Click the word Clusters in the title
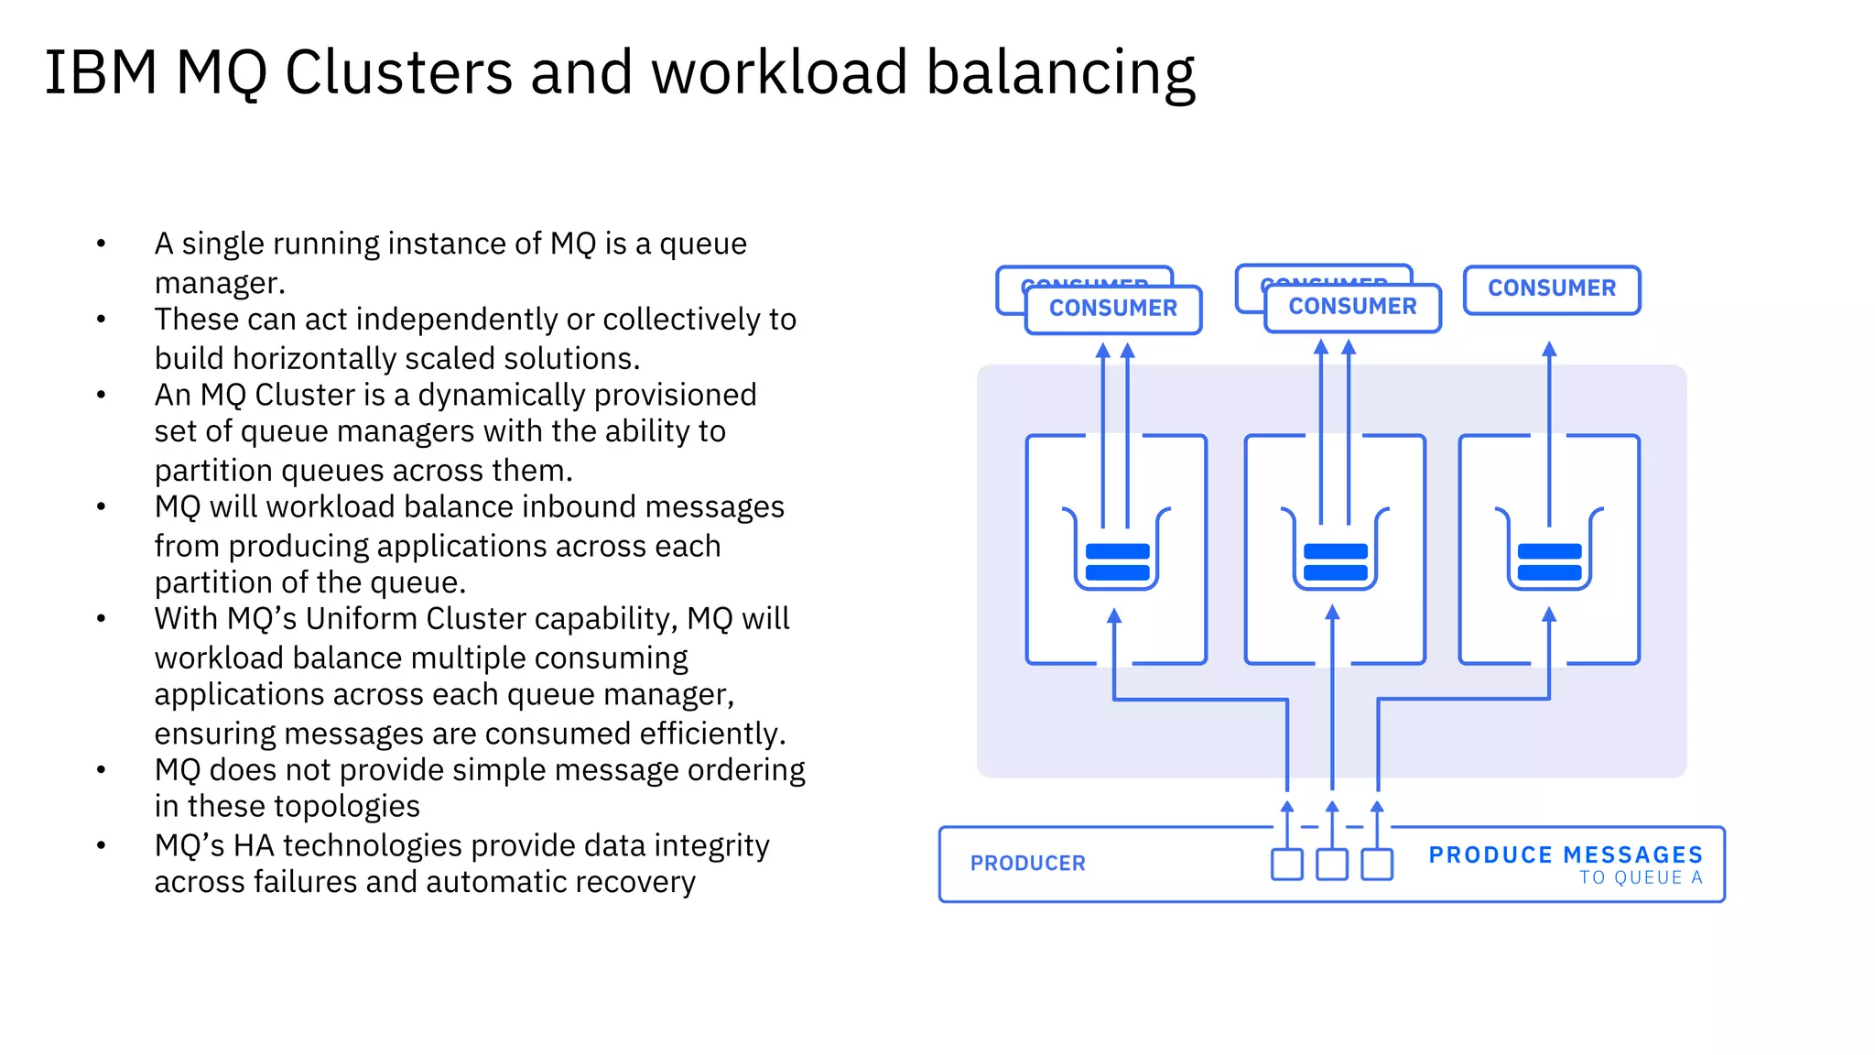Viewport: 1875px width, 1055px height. pyautogui.click(x=398, y=72)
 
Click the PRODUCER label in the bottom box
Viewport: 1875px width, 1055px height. pyautogui.click(x=1027, y=864)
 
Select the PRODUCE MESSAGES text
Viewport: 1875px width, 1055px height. pyautogui.click(x=1566, y=854)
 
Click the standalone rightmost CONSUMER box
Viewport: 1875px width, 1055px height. pyautogui.click(x=1552, y=288)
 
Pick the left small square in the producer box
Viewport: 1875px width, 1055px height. pyautogui.click(x=1287, y=865)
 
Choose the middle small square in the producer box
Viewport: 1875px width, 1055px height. pyautogui.click(x=1332, y=865)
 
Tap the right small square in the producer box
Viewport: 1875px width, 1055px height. pyautogui.click(x=1377, y=865)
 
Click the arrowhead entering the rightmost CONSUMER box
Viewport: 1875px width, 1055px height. pyautogui.click(x=1549, y=349)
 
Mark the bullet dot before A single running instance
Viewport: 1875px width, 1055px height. pyautogui.click(x=102, y=244)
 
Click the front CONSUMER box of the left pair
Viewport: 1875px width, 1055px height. pyautogui.click(x=1113, y=309)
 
